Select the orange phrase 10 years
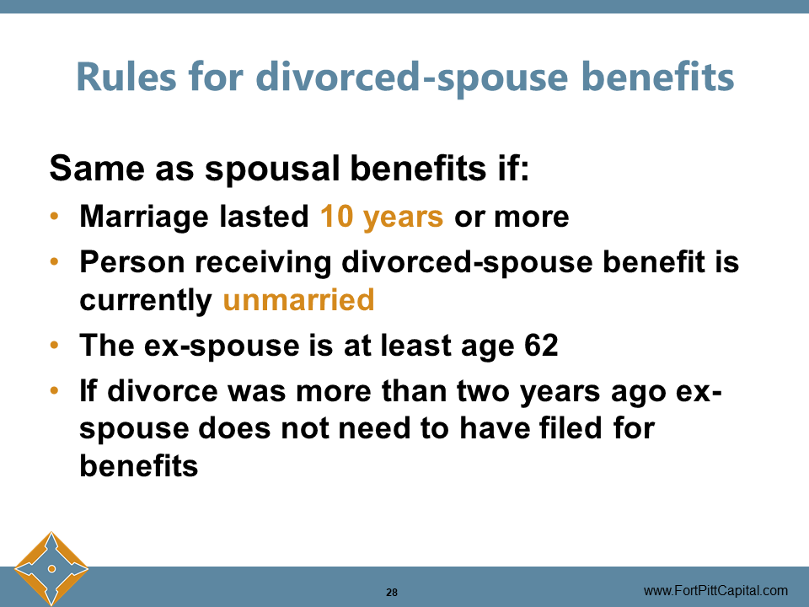tap(382, 217)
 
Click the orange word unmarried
tap(298, 300)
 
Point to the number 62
tap(539, 346)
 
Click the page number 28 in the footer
tap(392, 592)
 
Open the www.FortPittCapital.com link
tap(715, 590)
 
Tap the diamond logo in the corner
tap(51, 568)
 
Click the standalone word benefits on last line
tap(139, 465)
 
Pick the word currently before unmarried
tap(146, 301)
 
